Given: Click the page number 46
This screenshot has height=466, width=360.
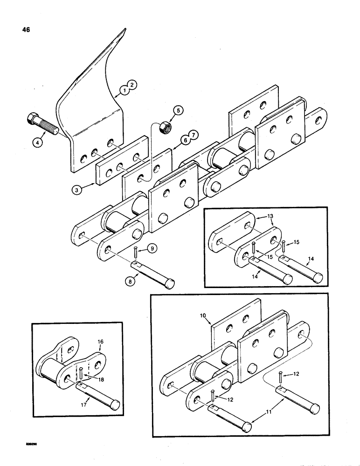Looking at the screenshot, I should (x=26, y=30).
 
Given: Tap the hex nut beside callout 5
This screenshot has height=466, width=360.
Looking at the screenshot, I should (x=165, y=127).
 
